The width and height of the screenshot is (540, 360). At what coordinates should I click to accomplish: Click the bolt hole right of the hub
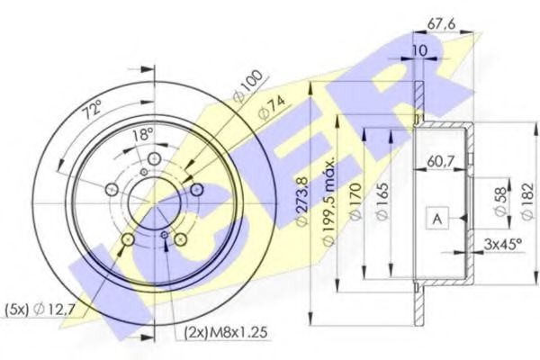pyautogui.click(x=195, y=188)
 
